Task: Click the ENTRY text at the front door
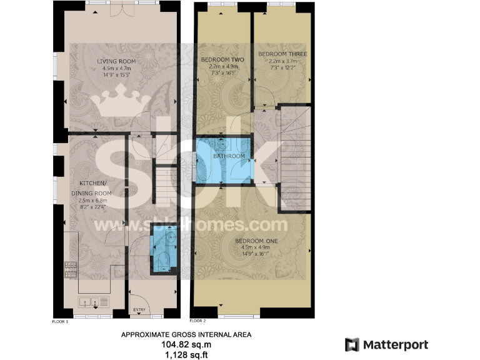pyautogui.click(x=139, y=310)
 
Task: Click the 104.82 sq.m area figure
pyautogui.click(x=186, y=345)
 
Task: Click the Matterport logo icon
pyautogui.click(x=352, y=344)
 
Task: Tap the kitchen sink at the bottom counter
pyautogui.click(x=87, y=302)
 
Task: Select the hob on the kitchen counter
pyautogui.click(x=71, y=270)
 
